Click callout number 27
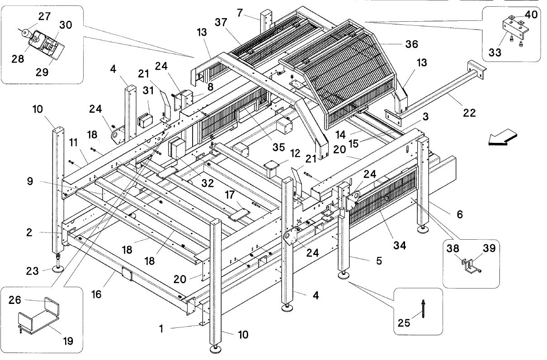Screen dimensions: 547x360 point(44,17)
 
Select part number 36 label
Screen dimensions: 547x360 point(412,44)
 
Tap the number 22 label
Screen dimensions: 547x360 point(469,113)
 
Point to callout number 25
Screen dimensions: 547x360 point(404,323)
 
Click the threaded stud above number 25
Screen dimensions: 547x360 point(423,309)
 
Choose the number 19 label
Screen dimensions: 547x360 point(68,341)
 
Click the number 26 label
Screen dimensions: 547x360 point(15,300)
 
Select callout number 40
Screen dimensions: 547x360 point(531,14)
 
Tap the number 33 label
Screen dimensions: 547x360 point(495,52)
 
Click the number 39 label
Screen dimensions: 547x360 point(490,248)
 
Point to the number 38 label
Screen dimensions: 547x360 point(453,249)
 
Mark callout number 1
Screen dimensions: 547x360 point(161,329)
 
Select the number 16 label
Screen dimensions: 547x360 point(96,294)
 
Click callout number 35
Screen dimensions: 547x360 point(278,147)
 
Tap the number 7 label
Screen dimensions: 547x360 point(240,13)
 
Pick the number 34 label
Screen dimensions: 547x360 point(400,245)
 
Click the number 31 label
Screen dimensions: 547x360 point(148,90)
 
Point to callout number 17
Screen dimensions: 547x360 point(230,195)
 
